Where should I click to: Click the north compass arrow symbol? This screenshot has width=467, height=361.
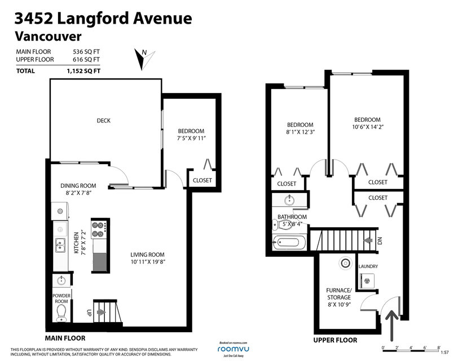(x=143, y=59)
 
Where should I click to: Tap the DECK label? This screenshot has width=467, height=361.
(x=104, y=121)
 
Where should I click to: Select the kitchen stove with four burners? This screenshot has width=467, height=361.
(x=99, y=230)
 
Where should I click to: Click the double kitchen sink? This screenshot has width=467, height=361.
(x=60, y=245)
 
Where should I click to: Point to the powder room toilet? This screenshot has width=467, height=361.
(x=61, y=312)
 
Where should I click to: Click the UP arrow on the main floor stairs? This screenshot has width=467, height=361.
(x=101, y=312)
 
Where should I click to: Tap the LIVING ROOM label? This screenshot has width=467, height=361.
(x=147, y=254)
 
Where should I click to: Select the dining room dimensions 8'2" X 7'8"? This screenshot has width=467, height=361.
(x=78, y=193)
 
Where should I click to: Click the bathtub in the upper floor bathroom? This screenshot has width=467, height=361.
(x=289, y=243)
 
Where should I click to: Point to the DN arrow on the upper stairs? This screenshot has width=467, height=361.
(x=368, y=240)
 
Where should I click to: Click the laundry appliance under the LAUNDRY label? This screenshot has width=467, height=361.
(x=367, y=280)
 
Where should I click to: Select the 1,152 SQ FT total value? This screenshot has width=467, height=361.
(x=83, y=71)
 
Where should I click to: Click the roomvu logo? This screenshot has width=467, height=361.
(x=233, y=349)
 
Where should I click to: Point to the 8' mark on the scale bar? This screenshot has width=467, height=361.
(x=439, y=347)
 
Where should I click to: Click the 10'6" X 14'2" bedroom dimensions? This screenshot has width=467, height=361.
(x=368, y=127)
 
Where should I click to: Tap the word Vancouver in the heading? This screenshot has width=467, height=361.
(x=48, y=36)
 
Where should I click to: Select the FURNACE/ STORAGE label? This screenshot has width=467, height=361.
(x=339, y=294)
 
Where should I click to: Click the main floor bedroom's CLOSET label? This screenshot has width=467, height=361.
(x=202, y=180)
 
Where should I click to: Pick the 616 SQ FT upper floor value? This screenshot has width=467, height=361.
(x=86, y=60)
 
